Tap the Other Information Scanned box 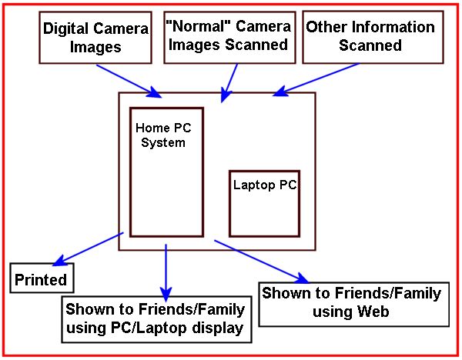coord(370,36)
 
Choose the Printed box coord(42,278)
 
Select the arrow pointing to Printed coord(90,247)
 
